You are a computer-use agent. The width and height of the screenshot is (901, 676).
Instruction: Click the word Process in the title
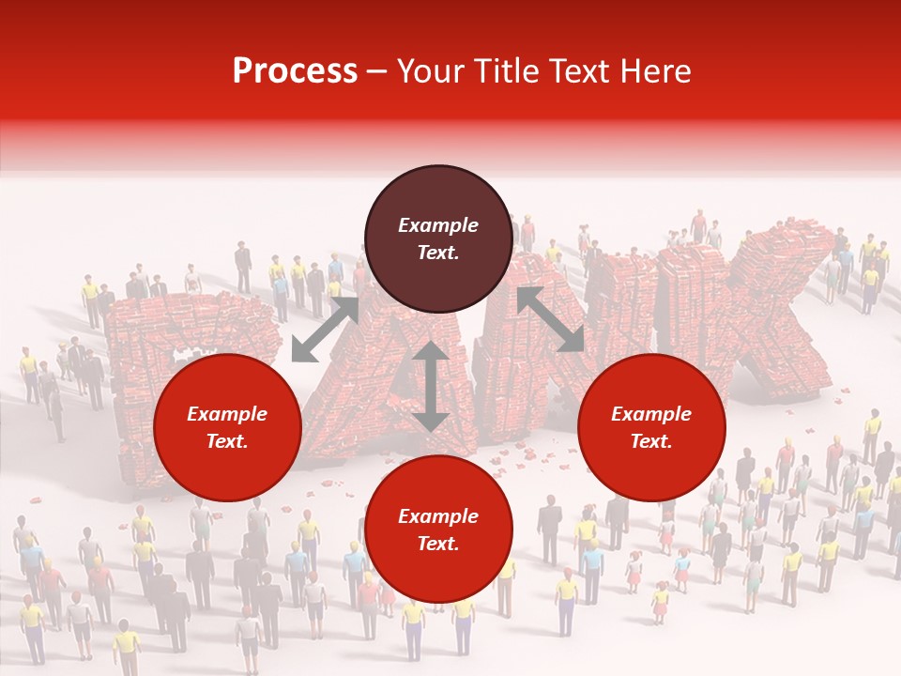pos(295,71)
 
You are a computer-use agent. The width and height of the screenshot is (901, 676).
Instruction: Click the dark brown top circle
pos(438,238)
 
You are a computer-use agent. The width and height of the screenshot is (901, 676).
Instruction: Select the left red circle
pos(227,427)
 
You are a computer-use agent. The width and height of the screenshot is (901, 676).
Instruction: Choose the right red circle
pos(651,427)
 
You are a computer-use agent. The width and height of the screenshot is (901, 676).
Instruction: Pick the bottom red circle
pos(438,530)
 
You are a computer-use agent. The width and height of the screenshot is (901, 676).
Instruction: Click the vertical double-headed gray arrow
pos(431,386)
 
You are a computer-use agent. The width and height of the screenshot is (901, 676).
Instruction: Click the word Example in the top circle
pos(438,225)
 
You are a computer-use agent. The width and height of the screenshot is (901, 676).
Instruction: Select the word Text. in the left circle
pos(227,441)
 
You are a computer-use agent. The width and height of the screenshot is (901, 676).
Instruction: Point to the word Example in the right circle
pos(651,414)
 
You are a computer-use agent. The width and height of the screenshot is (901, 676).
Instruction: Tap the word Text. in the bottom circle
pos(438,544)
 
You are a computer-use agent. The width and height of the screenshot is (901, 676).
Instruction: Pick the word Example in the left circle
pos(227,414)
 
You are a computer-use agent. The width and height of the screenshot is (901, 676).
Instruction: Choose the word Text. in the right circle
pos(651,441)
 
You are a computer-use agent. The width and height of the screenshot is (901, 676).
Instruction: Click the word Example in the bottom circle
pos(438,516)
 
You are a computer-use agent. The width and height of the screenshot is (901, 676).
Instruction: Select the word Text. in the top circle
pos(438,253)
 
